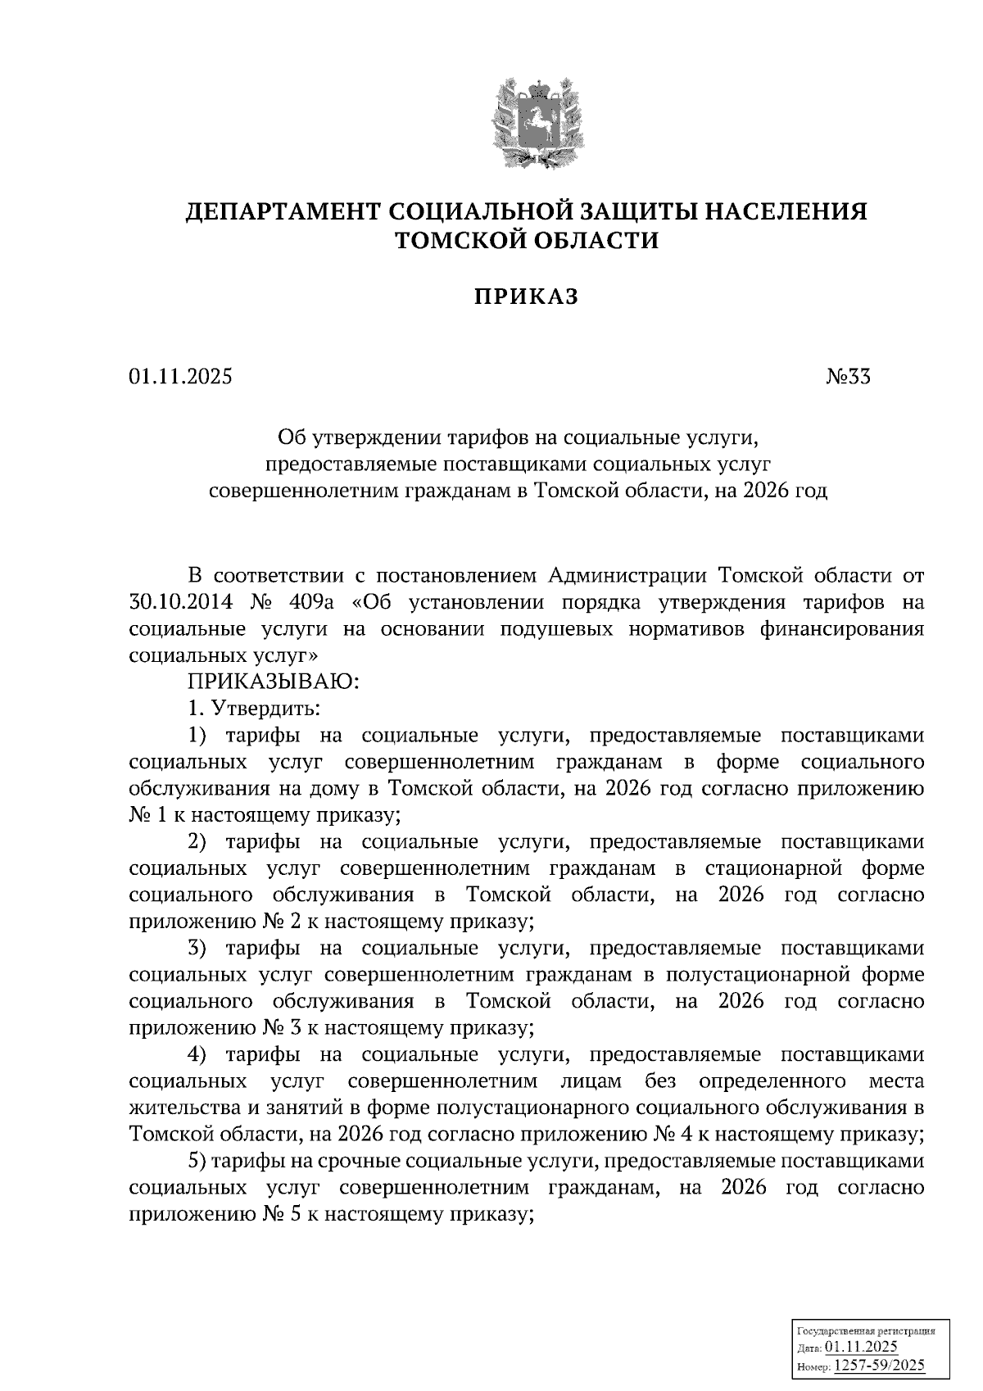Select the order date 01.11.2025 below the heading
tap(180, 377)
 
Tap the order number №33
tap(847, 377)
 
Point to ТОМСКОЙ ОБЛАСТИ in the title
tap(527, 240)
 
